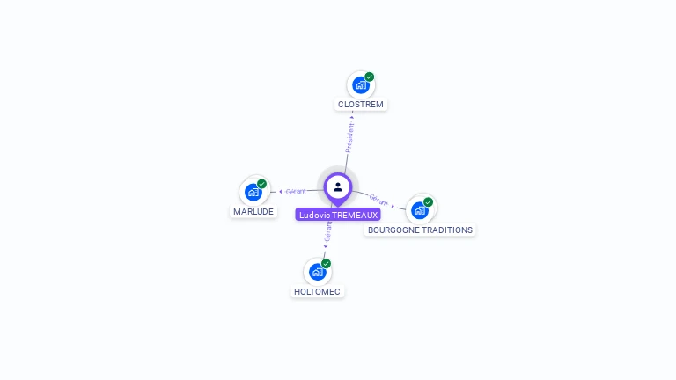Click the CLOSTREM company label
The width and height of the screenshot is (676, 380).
click(361, 105)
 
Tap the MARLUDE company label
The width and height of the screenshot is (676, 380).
click(253, 212)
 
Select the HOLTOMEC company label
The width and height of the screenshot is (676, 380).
click(317, 292)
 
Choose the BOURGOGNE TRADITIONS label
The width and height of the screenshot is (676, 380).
click(420, 230)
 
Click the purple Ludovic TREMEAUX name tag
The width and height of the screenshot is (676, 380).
click(338, 215)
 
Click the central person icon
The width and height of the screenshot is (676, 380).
click(338, 186)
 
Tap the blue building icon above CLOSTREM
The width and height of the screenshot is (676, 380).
click(359, 85)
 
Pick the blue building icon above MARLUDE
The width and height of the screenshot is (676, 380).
click(253, 193)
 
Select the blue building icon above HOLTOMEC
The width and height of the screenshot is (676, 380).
click(317, 273)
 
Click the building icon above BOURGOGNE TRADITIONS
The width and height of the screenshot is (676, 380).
click(419, 211)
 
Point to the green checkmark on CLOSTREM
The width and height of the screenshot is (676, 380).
click(370, 77)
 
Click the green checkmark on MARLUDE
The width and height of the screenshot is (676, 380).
click(262, 184)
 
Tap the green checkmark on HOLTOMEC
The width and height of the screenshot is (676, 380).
click(327, 264)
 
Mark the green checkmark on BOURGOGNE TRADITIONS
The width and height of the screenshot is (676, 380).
click(429, 202)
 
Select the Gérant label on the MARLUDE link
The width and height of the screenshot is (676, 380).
click(296, 191)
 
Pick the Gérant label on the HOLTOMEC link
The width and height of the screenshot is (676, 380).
click(327, 231)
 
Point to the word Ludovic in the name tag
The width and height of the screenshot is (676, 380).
click(312, 215)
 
